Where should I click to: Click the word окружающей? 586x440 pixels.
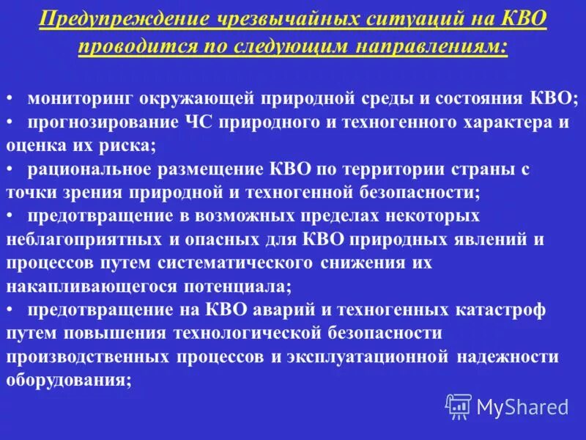pyautogui.click(x=186, y=98)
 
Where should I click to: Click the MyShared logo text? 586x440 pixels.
pyautogui.click(x=522, y=406)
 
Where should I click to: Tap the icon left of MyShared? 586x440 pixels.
pyautogui.click(x=459, y=406)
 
